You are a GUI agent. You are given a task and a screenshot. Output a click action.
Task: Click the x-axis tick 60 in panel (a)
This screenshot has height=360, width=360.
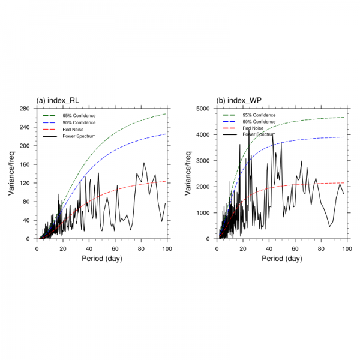pyautogui.click(x=115, y=248)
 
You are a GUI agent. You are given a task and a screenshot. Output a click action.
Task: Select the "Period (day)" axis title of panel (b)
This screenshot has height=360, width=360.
pyautogui.click(x=282, y=259)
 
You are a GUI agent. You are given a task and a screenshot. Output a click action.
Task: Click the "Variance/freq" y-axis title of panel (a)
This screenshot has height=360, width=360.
pyautogui.click(x=10, y=173)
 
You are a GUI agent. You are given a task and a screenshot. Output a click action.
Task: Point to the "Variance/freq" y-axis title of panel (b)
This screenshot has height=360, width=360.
pyautogui.click(x=188, y=173)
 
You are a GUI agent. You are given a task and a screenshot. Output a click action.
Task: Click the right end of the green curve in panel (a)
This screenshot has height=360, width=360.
pyautogui.click(x=167, y=113)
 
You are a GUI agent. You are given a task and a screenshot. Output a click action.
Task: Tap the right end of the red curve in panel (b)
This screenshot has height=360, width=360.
pyautogui.click(x=344, y=183)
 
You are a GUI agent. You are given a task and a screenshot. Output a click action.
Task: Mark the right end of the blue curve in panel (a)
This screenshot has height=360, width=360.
pyautogui.click(x=167, y=134)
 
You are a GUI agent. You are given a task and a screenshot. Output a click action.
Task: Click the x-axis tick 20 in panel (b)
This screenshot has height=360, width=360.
pyautogui.click(x=243, y=248)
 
